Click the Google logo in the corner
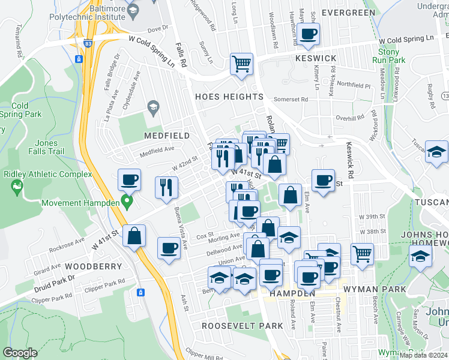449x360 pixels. coord(20,353)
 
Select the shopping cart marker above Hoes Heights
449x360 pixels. coord(241,64)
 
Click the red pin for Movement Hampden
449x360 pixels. coord(127,201)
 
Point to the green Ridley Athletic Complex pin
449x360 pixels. coord(16,188)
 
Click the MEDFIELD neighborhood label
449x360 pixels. coord(167,136)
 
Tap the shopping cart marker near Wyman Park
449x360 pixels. coord(362,254)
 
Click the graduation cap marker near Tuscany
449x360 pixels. coord(436,152)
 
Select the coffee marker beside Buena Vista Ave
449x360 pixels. coord(169,248)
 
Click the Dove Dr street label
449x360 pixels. coord(158,28)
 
